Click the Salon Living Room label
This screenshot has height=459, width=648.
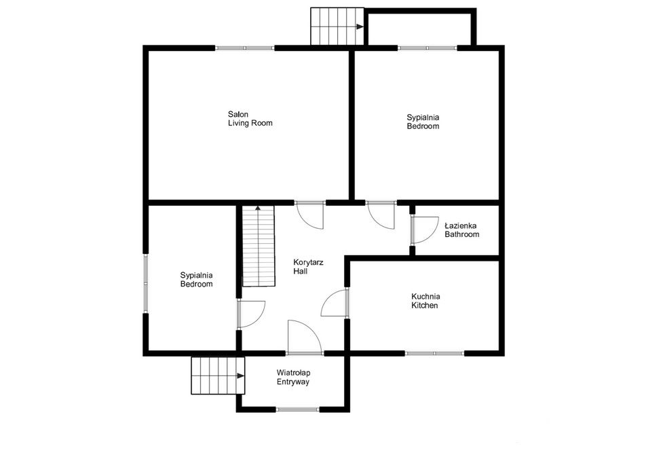coord(250,119)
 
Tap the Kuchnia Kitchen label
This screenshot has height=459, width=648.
coord(425,301)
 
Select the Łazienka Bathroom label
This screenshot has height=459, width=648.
coord(461,230)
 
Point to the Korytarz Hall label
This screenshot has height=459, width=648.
coord(308,267)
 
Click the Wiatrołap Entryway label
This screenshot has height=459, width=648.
coord(293,378)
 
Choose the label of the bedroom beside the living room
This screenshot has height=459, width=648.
coord(423,122)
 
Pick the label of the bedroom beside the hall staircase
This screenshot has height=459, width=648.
coord(196,280)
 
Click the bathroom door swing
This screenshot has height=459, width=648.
coord(425,230)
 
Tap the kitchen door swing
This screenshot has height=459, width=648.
coord(335,303)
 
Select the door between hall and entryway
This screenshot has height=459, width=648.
coord(305,337)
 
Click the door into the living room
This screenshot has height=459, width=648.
coord(310,215)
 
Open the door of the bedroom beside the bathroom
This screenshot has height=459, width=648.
coord(381,215)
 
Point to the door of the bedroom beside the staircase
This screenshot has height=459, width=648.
coord(251,314)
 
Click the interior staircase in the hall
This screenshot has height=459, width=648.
coord(259,246)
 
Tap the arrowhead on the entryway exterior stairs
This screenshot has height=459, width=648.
coord(240,376)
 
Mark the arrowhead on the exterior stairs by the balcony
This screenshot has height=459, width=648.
coord(360,26)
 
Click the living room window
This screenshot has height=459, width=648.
coord(245,48)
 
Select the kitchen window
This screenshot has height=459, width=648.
coord(434,354)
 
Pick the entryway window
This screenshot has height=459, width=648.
coord(298,409)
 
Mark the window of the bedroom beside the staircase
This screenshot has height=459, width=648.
coord(145,283)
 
